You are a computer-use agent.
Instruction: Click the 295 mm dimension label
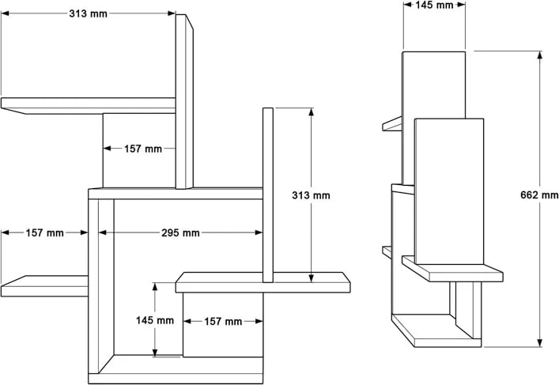[x=180, y=233]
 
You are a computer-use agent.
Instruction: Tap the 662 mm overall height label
[x=539, y=195]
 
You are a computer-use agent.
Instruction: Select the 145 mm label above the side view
[x=434, y=6]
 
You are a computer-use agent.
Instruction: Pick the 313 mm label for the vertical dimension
[x=311, y=195]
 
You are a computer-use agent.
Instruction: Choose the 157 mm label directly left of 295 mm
[x=44, y=233]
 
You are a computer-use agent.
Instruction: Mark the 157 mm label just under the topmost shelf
[x=143, y=149]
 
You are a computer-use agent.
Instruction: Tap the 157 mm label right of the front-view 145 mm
[x=223, y=322]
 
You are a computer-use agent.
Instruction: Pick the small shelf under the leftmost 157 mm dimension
[x=44, y=285]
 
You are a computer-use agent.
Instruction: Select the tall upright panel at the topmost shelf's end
[x=183, y=103]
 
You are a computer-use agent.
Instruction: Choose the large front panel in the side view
[x=448, y=190]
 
